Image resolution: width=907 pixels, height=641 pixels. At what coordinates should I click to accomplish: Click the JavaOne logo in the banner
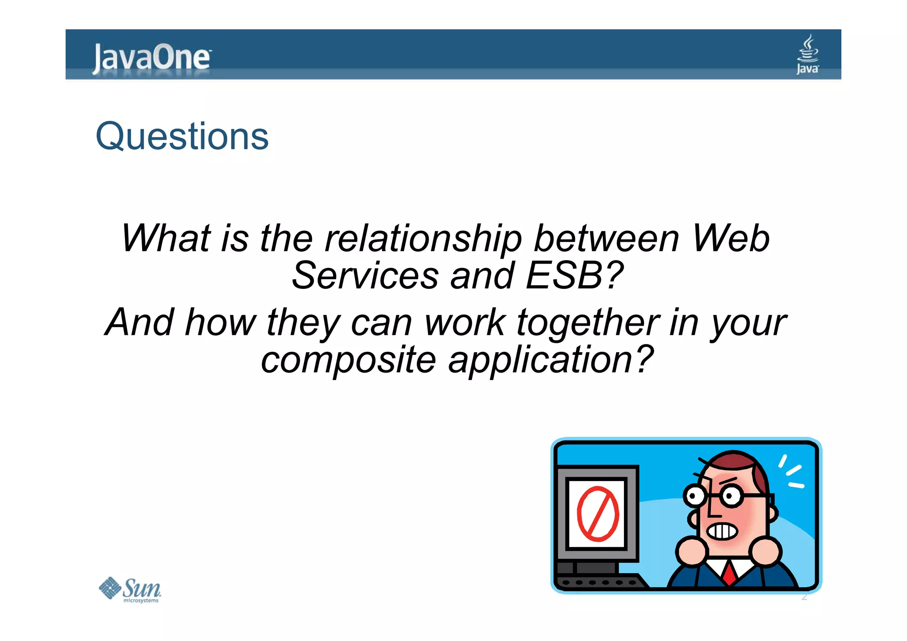(151, 58)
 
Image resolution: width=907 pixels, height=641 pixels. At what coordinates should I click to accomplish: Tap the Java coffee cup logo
(807, 54)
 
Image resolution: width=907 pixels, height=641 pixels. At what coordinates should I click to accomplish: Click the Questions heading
(182, 136)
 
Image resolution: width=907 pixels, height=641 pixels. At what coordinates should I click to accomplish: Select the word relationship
(423, 239)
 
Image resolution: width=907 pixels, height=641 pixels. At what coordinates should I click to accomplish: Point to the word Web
(730, 238)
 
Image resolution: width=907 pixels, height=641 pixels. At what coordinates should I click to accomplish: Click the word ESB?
(574, 276)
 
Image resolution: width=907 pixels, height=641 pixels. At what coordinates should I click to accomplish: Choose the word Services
(365, 276)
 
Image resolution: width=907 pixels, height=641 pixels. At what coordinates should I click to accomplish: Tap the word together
(588, 323)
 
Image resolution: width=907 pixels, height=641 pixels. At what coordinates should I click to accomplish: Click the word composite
(349, 361)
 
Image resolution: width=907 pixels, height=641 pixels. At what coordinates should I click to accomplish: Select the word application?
(550, 361)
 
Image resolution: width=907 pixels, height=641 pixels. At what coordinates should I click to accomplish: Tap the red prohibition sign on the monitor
(597, 514)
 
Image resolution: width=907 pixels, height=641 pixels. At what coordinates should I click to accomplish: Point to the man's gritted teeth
(722, 531)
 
